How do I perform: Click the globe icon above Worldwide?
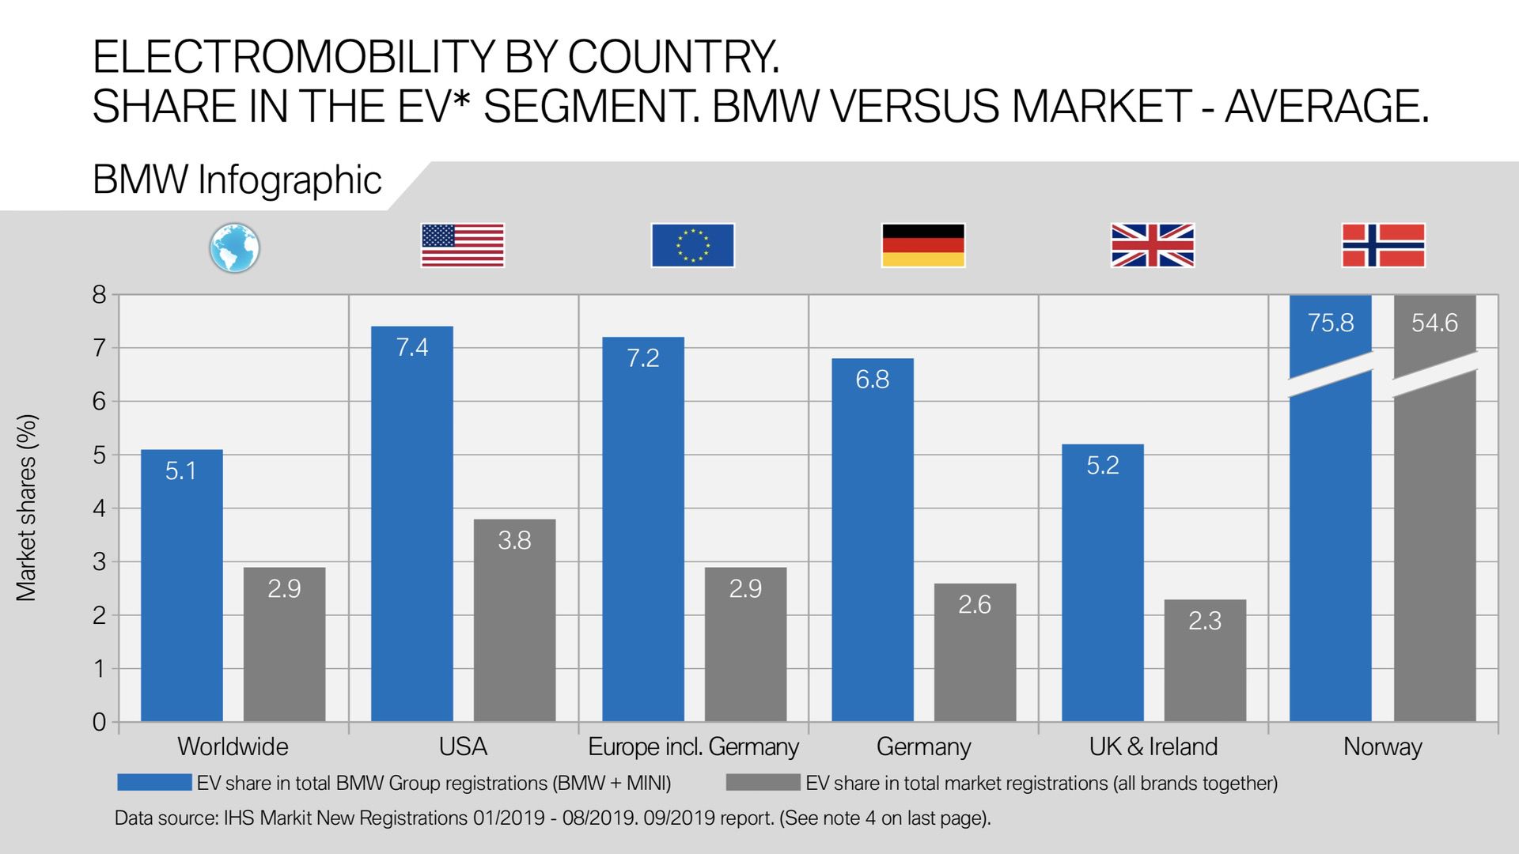pyautogui.click(x=234, y=248)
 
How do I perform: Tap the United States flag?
pyautogui.click(x=463, y=245)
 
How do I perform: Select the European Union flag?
pyautogui.click(x=692, y=245)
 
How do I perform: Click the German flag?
pyautogui.click(x=923, y=245)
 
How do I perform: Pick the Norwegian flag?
pyautogui.click(x=1384, y=245)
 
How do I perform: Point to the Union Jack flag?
pyautogui.click(x=1153, y=245)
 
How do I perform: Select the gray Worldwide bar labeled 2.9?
pyautogui.click(x=284, y=644)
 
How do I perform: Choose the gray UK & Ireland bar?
pyautogui.click(x=1205, y=660)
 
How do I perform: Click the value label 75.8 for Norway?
pyautogui.click(x=1331, y=323)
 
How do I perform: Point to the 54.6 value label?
pyautogui.click(x=1434, y=323)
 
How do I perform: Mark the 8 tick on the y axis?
pyautogui.click(x=99, y=295)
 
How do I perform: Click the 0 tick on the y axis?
pyautogui.click(x=99, y=722)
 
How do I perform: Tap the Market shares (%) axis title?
pyautogui.click(x=27, y=508)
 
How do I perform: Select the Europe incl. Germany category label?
pyautogui.click(x=693, y=746)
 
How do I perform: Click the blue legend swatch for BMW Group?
pyautogui.click(x=154, y=783)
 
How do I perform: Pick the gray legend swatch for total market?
pyautogui.click(x=763, y=783)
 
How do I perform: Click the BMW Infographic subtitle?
pyautogui.click(x=237, y=179)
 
